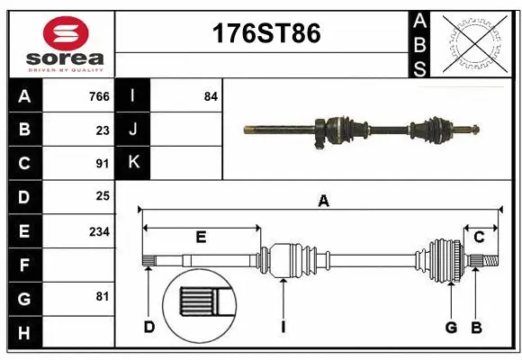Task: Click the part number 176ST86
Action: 265,34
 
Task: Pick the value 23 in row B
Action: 103,130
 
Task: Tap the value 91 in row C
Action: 103,164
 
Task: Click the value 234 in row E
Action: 99,231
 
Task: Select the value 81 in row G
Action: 103,295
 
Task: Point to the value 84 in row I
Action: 211,96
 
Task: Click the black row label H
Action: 23,333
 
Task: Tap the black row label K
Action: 133,163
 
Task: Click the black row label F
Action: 23,265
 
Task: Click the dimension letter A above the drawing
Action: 322,202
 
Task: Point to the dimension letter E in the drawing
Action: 201,237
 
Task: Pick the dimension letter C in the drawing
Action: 479,237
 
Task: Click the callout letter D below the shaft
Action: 149,327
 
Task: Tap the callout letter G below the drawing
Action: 452,327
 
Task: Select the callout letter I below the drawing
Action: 283,327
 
